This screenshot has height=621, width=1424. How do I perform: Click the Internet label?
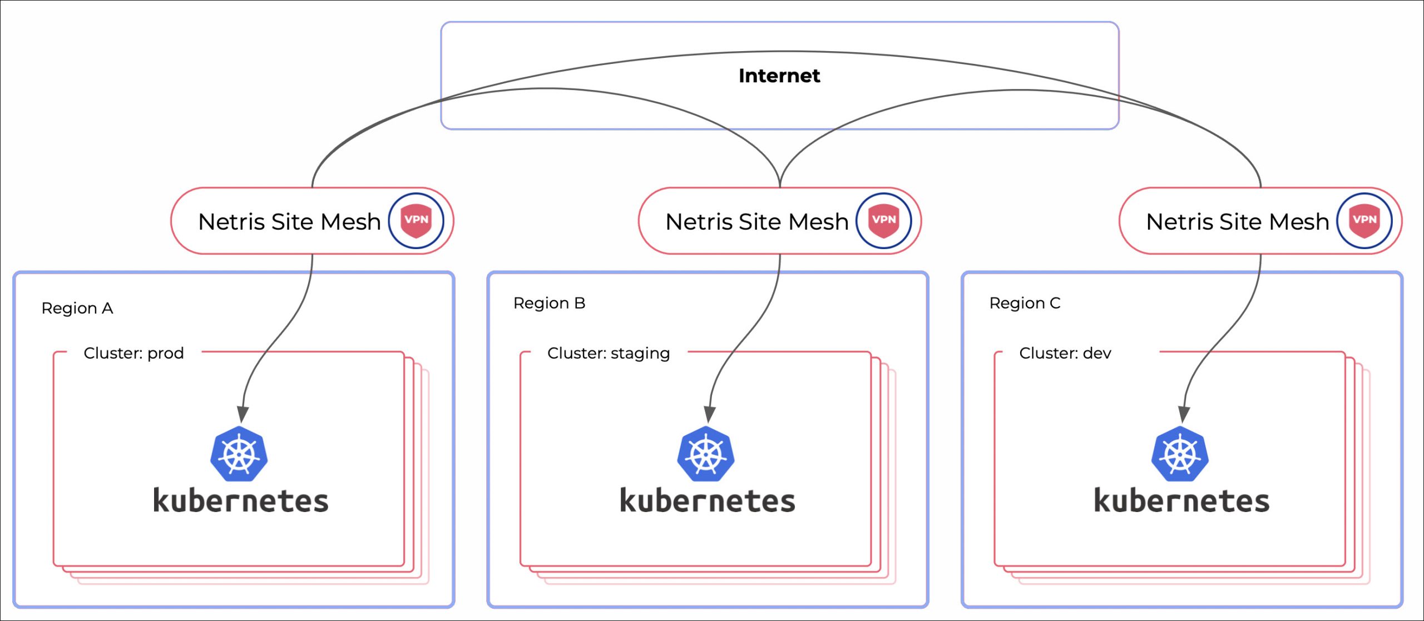779,76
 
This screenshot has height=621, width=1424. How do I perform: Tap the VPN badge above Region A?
416,221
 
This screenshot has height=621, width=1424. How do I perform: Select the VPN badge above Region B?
883,221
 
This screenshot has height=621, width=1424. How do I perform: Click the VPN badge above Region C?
1364,221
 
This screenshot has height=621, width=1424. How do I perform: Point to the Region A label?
77,308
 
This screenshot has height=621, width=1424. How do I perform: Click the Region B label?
549,303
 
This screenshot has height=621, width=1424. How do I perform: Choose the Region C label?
1025,303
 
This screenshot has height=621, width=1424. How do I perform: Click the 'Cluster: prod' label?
133,353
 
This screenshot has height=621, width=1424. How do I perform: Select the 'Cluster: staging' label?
609,353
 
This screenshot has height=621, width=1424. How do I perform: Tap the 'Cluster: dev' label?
1065,353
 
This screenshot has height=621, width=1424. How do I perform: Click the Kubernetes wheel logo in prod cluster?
239,454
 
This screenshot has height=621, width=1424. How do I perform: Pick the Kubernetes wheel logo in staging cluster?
706,454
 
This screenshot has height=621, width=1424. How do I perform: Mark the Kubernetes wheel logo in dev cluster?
1180,454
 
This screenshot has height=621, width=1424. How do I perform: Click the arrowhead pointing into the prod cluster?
243,414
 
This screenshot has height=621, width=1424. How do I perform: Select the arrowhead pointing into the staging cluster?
709,414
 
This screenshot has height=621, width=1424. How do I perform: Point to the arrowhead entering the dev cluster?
1184,414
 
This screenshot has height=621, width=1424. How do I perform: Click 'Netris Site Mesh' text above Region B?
756,222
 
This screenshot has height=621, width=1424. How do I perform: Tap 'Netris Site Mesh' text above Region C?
1237,222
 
